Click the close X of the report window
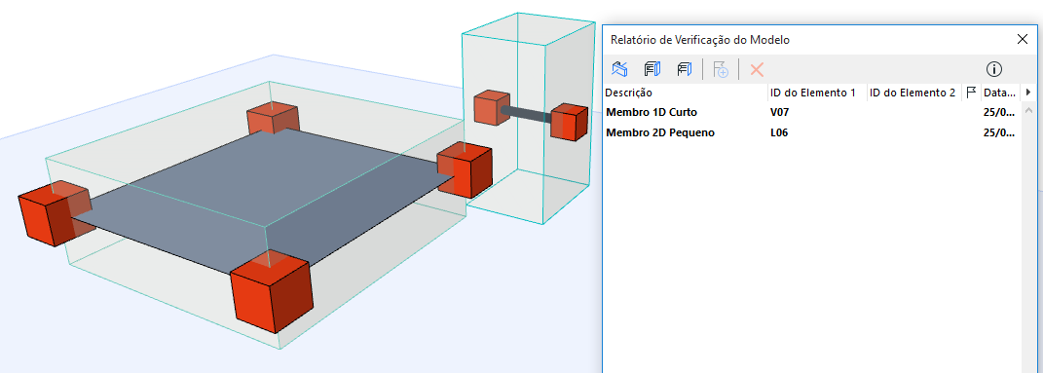(x=1023, y=39)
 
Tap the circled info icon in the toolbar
(x=993, y=69)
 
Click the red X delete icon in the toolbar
(x=757, y=69)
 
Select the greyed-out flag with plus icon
(x=721, y=69)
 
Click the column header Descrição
(x=628, y=93)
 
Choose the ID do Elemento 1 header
(x=813, y=93)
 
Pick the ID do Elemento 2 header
(x=913, y=93)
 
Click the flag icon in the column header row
(x=971, y=92)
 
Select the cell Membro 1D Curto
(x=652, y=112)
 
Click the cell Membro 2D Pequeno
(x=660, y=133)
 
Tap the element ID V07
(x=779, y=112)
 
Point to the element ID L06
(x=779, y=133)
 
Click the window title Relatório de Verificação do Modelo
(x=700, y=40)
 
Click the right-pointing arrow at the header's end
(x=1028, y=93)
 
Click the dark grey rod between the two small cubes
(x=526, y=114)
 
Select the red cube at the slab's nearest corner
(x=272, y=293)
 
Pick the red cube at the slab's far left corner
(x=55, y=213)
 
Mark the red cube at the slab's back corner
(x=273, y=119)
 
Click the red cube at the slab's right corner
(x=465, y=170)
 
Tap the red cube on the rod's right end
(x=570, y=122)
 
